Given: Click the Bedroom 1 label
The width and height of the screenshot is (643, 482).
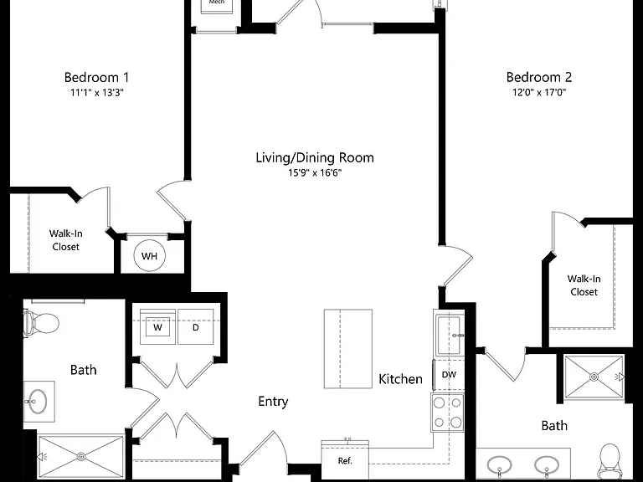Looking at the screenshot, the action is [x=97, y=77].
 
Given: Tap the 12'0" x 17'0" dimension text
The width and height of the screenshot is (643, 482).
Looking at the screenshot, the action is [x=539, y=92].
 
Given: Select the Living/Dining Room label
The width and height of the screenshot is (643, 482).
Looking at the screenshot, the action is [x=315, y=157].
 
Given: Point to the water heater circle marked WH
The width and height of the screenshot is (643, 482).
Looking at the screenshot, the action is [x=149, y=256].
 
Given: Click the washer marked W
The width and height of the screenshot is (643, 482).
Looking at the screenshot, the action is [x=158, y=327].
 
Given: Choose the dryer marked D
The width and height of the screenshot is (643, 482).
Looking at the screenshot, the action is [x=196, y=327].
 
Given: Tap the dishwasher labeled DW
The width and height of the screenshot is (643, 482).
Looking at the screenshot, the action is [x=449, y=375].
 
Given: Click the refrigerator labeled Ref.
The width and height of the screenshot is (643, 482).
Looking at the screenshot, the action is [x=345, y=460].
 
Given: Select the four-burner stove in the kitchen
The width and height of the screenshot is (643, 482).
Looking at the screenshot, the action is [x=447, y=413].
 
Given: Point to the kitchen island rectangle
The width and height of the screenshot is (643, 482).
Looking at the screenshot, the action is [x=348, y=349].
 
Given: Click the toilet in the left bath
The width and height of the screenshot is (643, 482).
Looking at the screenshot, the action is [x=41, y=323].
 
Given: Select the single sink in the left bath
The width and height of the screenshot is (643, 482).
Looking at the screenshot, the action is [x=38, y=402].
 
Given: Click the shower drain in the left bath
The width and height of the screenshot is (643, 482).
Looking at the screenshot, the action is [x=81, y=456].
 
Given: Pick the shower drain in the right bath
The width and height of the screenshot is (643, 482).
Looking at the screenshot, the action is [x=594, y=377].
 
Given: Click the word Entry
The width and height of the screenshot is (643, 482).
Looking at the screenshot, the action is [x=273, y=402].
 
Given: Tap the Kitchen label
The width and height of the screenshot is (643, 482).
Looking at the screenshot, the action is [x=400, y=379].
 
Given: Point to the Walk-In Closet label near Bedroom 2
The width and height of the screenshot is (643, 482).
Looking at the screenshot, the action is [x=584, y=285].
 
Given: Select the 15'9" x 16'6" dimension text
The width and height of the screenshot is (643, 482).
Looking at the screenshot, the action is [x=315, y=173].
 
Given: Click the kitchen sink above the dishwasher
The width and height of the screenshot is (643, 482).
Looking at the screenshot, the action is [x=449, y=335].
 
